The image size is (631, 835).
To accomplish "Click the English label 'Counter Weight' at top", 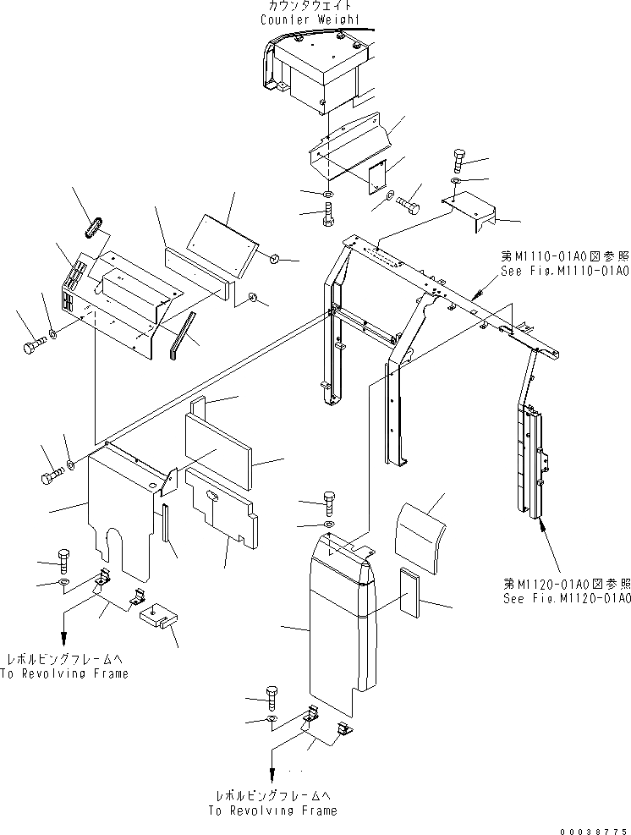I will pos(310,19).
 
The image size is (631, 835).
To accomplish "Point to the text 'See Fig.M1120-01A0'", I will pos(565,598).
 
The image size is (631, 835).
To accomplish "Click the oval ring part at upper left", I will pos(96,227).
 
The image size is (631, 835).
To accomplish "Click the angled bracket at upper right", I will pos(470,211).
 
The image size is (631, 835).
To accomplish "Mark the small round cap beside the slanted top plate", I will pos(276,257).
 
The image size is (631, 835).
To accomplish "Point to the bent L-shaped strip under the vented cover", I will pos(179,334).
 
